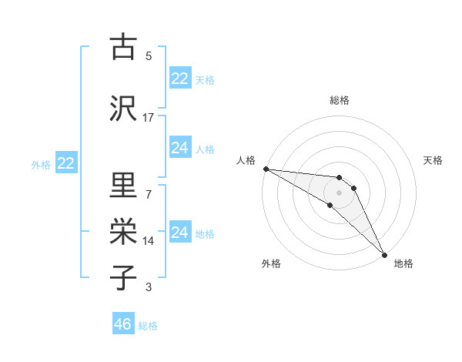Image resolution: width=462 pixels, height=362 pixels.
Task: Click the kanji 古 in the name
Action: tap(123, 47)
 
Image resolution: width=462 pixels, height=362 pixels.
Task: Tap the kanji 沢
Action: tap(123, 108)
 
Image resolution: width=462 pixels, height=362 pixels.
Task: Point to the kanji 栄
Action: tap(123, 231)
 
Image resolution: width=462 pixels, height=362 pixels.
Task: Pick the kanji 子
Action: tap(123, 277)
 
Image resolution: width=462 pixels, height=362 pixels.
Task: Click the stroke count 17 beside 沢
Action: tap(148, 117)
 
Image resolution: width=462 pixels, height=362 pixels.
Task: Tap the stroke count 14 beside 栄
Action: tap(148, 240)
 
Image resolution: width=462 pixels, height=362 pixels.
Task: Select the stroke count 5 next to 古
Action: tap(148, 55)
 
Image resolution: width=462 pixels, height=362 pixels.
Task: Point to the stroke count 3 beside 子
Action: tap(148, 287)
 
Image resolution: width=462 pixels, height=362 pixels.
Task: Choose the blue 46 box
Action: tap(123, 324)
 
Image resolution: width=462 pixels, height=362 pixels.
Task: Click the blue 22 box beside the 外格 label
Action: tap(66, 163)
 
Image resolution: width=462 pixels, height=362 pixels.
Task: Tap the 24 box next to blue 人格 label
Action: tap(180, 148)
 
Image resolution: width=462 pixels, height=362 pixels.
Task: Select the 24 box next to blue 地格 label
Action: tap(180, 233)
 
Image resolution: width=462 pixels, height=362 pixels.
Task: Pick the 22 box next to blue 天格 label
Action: tap(180, 79)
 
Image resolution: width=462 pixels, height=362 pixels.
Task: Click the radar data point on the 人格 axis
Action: tap(266, 169)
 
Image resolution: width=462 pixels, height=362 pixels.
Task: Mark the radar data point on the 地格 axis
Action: tap(384, 254)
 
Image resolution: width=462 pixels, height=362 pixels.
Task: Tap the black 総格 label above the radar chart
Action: tap(340, 100)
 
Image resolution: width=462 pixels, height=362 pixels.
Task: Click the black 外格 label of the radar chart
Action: tap(271, 263)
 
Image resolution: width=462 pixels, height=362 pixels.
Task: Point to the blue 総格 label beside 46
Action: tap(148, 326)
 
